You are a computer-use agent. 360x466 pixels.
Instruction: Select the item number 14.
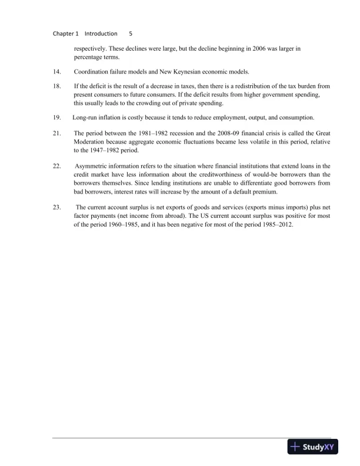(57, 72)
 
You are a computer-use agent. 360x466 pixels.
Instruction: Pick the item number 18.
(57, 86)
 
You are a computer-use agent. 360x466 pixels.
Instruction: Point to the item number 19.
(57, 116)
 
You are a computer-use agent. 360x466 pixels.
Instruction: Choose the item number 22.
(57, 167)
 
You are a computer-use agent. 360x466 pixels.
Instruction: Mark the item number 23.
(57, 207)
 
